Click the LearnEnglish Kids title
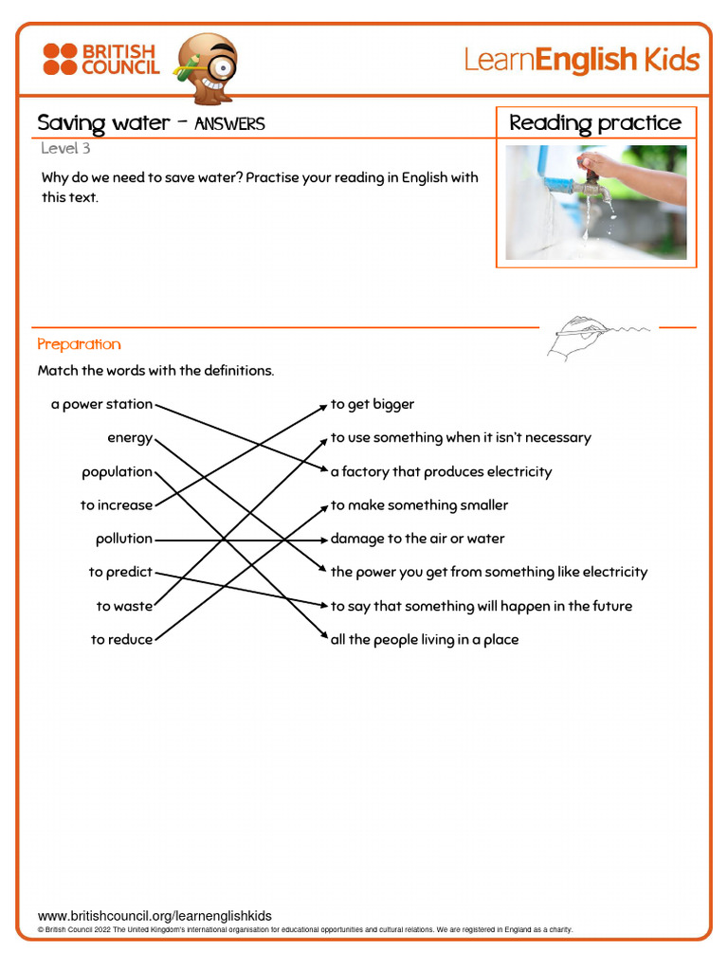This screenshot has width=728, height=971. (x=581, y=61)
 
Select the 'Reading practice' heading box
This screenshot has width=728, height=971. (x=595, y=123)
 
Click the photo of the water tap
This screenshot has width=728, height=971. (x=595, y=202)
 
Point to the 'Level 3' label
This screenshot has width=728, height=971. (x=65, y=148)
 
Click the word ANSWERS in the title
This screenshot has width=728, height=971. (x=229, y=124)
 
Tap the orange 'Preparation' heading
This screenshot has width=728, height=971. (x=79, y=344)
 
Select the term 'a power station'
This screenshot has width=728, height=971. (x=101, y=404)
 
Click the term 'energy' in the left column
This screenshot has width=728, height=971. (x=130, y=438)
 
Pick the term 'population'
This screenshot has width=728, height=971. (x=117, y=472)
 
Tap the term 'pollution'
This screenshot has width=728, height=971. (x=123, y=539)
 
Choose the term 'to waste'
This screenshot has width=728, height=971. (x=123, y=606)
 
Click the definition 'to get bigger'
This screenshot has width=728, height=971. (x=373, y=404)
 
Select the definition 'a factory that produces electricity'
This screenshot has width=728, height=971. (x=441, y=472)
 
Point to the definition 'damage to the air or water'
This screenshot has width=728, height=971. (x=417, y=539)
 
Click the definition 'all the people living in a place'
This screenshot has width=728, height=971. (x=425, y=640)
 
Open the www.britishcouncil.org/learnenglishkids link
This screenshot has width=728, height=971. (x=155, y=916)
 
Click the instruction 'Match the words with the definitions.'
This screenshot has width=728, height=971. (x=155, y=371)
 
